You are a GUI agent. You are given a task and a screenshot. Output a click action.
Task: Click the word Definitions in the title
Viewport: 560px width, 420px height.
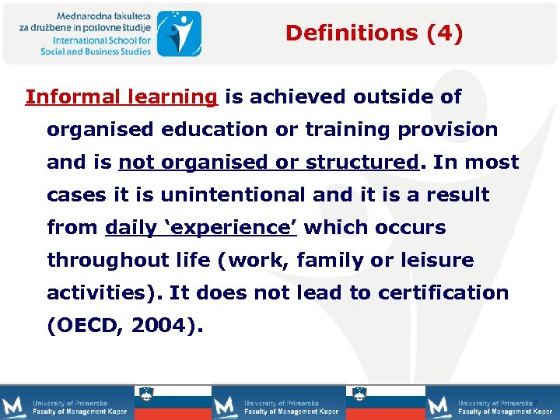[341, 33]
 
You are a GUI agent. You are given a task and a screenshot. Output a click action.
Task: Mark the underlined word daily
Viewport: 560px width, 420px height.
[129, 228]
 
